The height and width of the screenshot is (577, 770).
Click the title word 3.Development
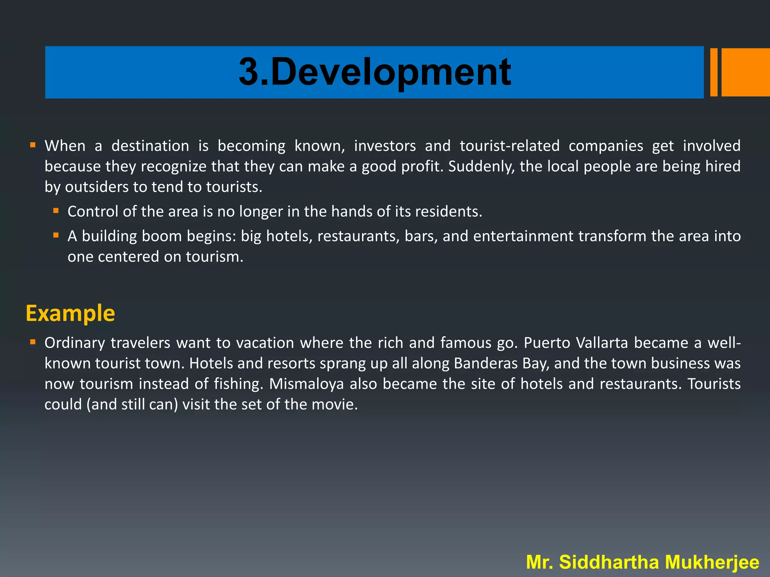[x=374, y=72]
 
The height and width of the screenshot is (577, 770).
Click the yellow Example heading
[x=70, y=313]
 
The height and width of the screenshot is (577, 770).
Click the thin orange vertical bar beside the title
[x=714, y=72]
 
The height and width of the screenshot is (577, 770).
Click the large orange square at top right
[x=745, y=72]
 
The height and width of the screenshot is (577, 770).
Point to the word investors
[x=385, y=146]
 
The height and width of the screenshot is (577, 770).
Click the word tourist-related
[x=509, y=146]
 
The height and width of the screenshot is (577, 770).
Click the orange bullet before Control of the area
[x=56, y=211]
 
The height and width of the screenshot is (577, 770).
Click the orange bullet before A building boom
[x=56, y=236]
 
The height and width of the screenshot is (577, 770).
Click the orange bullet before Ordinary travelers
[x=33, y=342]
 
